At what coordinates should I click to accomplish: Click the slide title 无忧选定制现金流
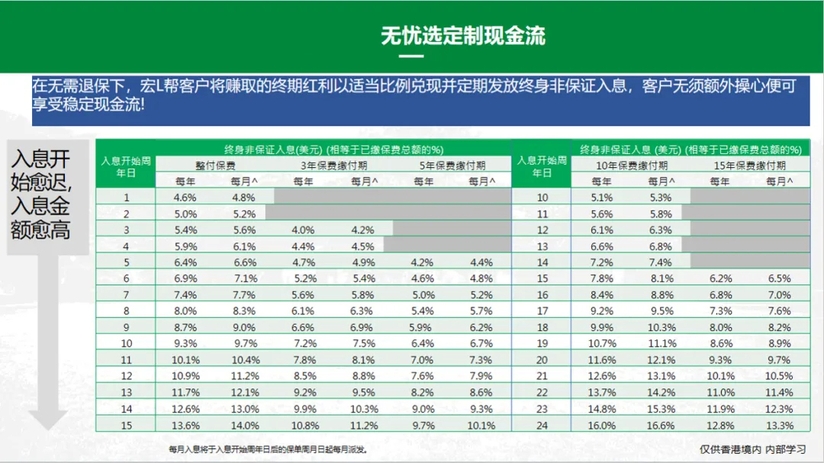[463, 36]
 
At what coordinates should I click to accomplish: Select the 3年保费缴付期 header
[333, 166]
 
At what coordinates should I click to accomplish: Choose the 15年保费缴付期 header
[749, 166]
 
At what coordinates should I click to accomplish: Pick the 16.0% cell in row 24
[601, 426]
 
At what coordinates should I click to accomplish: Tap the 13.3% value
[779, 426]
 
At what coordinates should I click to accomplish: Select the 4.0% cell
[303, 230]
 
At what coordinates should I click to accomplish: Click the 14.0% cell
[244, 426]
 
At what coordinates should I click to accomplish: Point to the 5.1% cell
[601, 198]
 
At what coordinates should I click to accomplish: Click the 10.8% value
[303, 426]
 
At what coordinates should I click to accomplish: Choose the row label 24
[542, 426]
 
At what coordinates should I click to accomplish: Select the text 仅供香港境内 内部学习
[752, 449]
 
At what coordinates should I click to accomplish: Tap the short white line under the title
[411, 56]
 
